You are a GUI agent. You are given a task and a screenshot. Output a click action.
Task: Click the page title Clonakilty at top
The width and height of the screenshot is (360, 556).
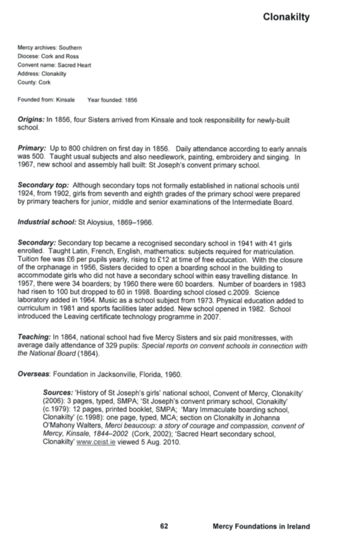[x=286, y=17]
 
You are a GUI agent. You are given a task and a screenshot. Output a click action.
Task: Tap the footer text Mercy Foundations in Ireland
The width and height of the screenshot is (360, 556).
[x=261, y=527]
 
